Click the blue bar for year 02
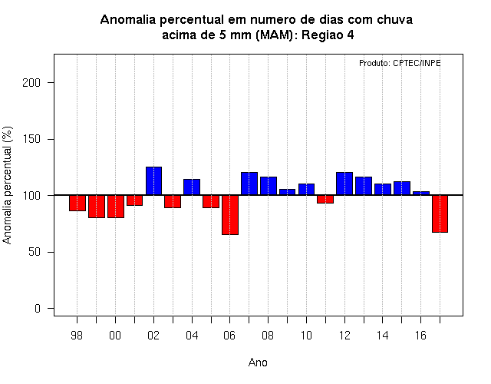point(153,181)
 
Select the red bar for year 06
point(230,215)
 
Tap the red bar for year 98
point(77,203)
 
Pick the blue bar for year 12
point(344,184)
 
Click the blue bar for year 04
point(192,187)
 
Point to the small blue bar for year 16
point(421,193)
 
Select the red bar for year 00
point(116,207)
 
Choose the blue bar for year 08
point(269,186)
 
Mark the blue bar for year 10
point(306,190)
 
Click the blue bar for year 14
point(383,190)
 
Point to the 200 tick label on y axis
point(31,83)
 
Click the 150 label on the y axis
point(31,139)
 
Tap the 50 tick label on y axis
point(35,252)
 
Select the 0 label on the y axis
point(38,309)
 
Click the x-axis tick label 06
point(229,336)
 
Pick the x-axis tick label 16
point(420,336)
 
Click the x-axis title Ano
point(258,362)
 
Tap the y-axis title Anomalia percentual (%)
point(7,185)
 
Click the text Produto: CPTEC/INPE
point(400,63)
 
